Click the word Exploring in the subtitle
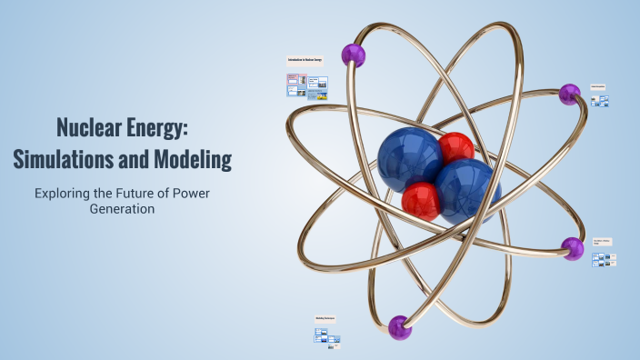65,193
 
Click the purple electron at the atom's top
353,55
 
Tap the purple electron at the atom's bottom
400,326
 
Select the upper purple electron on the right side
569,94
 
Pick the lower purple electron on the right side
573,248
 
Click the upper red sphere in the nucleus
455,148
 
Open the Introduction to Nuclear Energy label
305,61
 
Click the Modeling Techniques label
325,318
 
